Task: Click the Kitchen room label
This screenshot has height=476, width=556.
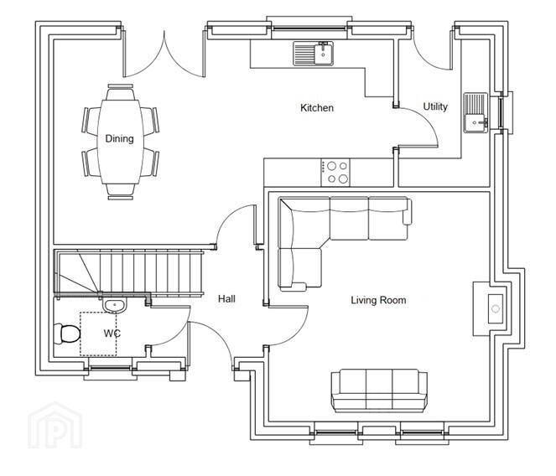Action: [317, 108]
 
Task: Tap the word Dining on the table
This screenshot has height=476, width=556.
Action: [119, 138]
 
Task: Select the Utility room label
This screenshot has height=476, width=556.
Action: [435, 106]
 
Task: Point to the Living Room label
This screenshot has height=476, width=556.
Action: [378, 300]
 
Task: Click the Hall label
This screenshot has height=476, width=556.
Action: [226, 299]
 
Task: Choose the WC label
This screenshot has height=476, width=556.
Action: [112, 334]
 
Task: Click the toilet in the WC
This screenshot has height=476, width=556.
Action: [66, 334]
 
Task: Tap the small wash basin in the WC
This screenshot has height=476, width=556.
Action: [114, 306]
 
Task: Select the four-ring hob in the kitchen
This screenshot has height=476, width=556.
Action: [335, 173]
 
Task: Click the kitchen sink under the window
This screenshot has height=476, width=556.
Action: [314, 54]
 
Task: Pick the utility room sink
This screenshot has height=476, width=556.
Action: [475, 112]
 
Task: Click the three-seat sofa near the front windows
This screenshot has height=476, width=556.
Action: [379, 391]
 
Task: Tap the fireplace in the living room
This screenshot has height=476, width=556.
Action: [493, 308]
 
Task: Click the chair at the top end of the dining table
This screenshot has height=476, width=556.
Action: [121, 92]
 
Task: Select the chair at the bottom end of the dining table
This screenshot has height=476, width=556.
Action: [121, 192]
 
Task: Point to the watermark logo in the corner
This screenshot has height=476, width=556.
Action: [55, 426]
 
